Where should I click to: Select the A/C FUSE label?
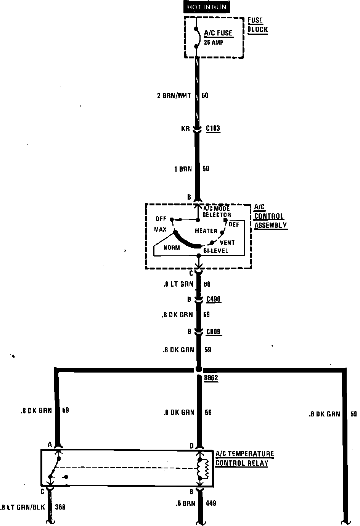coord(218,33)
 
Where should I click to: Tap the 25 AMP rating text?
coord(214,42)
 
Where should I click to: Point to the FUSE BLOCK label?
coord(258,25)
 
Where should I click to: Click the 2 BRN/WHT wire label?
coord(174,95)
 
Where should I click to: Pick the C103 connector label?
coord(213,128)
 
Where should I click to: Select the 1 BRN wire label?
coord(183,169)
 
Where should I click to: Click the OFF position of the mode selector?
coord(161,219)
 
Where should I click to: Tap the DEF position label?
coord(234,224)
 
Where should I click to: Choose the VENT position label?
coord(227,242)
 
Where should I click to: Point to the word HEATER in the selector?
coord(206,231)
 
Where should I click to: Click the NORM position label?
coord(172,247)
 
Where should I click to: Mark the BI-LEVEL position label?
coord(215,251)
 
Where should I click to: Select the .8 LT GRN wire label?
coord(178,284)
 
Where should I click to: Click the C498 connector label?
coord(214,300)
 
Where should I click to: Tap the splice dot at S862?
coord(198,369)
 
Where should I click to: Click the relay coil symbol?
coord(202,469)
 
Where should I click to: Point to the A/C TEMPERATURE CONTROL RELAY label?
coord(244,458)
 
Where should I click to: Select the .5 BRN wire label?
coord(185,503)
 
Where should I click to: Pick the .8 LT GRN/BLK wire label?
coord(23,507)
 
